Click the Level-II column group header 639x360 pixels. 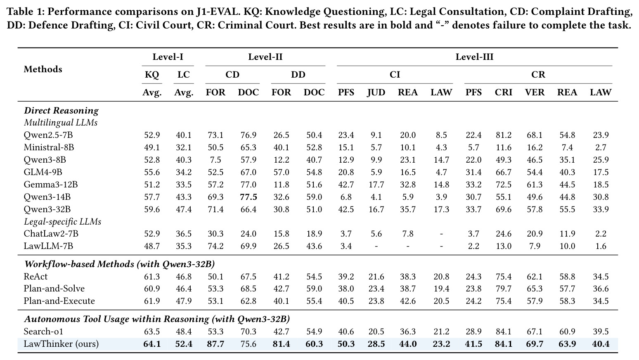coord(265,57)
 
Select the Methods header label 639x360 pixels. coord(43,69)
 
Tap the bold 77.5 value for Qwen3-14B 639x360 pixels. coord(248,197)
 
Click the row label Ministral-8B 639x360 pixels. coord(49,147)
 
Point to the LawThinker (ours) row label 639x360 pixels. coord(61,344)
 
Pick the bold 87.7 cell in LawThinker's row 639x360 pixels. coord(215,344)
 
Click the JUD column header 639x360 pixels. coord(376,92)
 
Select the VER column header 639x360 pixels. coord(535,92)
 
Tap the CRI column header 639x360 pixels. coord(504,92)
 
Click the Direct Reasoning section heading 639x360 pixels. coord(61,111)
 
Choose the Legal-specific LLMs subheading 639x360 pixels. coord(62,222)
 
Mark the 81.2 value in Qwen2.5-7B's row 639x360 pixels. coord(504,135)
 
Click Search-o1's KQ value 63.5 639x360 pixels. coord(152,332)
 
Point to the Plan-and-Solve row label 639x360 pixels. coord(54,289)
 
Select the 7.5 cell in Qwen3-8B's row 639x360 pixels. coord(215,160)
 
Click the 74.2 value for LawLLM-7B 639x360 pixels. coord(215,246)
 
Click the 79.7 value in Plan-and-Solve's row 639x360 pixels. coord(504,289)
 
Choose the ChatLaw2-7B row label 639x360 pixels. coord(51,234)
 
